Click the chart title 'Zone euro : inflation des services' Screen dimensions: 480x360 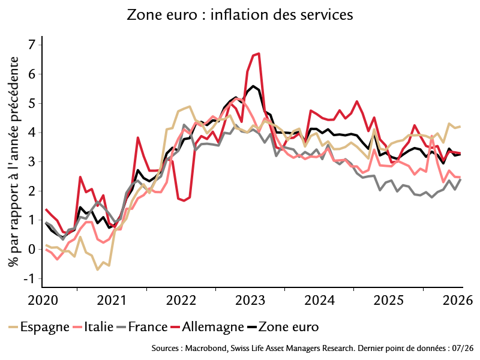pyautogui.click(x=239, y=14)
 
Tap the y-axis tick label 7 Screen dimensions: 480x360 pyautogui.click(x=32, y=46)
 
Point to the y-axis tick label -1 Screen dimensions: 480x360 pyautogui.click(x=29, y=278)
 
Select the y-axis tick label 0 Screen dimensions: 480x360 pyautogui.click(x=32, y=250)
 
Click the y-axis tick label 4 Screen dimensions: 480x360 pyautogui.click(x=32, y=133)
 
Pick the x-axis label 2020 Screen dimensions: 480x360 pyautogui.click(x=43, y=301)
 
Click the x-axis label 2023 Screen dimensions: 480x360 pyautogui.click(x=250, y=301)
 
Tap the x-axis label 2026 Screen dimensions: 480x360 pyautogui.click(x=458, y=301)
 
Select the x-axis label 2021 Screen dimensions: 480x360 pyautogui.click(x=112, y=301)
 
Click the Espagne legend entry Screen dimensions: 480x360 pyautogui.click(x=39, y=327)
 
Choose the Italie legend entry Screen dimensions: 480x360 pyautogui.click(x=94, y=327)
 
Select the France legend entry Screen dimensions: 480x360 pyautogui.click(x=142, y=327)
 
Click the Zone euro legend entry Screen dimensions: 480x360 pyautogui.click(x=283, y=327)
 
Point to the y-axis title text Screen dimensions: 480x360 pyautogui.click(x=14, y=161)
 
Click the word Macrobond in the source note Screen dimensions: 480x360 pyautogui.click(x=206, y=349)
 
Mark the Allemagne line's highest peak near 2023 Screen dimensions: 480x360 pyautogui.click(x=259, y=53)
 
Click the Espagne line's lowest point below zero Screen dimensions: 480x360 pyautogui.click(x=98, y=269)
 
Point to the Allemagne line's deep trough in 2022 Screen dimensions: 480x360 pyautogui.click(x=184, y=201)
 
